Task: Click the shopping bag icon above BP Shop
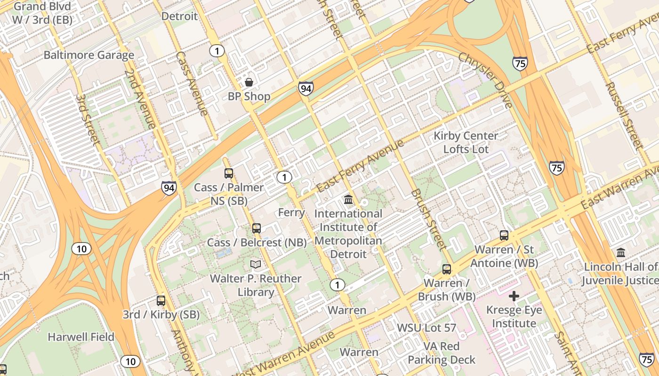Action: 249,82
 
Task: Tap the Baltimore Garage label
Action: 89,55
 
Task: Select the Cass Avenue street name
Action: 192,83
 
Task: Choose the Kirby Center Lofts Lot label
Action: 466,142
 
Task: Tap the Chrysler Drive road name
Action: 485,80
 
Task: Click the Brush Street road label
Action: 428,219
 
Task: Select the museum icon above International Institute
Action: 348,200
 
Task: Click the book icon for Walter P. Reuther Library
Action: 256,265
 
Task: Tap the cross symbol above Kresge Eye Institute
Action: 514,296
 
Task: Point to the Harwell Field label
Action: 81,337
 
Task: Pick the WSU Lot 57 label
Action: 427,328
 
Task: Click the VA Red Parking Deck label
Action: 442,353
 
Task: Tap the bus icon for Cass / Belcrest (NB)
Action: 257,228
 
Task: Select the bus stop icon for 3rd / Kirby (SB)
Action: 161,300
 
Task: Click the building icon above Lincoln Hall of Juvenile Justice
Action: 621,253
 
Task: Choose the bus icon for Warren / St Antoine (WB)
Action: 504,235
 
